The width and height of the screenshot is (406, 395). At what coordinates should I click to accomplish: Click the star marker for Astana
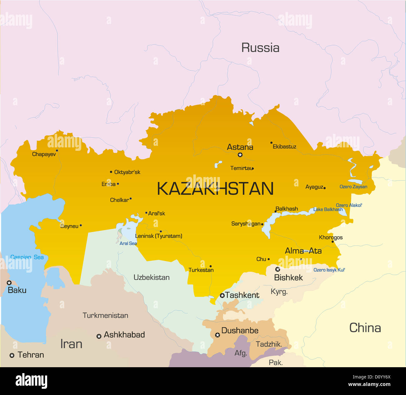(240, 155)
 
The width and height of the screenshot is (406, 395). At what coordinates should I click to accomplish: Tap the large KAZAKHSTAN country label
(215, 189)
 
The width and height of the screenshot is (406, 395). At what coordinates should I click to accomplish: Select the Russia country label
(260, 48)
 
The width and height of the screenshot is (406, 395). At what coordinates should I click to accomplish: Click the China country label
(365, 328)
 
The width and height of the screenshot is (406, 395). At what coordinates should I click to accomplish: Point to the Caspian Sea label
(27, 257)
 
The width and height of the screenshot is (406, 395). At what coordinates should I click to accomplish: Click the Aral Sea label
(128, 243)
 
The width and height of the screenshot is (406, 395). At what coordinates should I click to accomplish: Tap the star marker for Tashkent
(222, 295)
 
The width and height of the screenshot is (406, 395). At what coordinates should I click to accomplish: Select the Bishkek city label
(288, 278)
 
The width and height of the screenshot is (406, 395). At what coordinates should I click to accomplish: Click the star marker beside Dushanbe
(217, 335)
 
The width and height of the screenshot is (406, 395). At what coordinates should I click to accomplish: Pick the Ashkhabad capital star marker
(99, 336)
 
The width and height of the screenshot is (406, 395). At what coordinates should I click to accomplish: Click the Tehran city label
(31, 355)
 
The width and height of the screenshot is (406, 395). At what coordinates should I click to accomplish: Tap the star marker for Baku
(9, 283)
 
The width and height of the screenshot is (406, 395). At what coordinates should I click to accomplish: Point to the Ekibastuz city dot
(271, 143)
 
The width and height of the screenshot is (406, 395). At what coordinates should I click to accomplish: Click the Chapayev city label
(44, 154)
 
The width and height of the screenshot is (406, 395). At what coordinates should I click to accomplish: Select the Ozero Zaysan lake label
(353, 187)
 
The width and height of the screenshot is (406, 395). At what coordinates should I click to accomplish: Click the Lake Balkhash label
(328, 210)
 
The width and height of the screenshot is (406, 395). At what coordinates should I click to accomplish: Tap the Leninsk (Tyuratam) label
(159, 236)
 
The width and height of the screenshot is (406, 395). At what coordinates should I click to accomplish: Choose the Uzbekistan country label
(151, 277)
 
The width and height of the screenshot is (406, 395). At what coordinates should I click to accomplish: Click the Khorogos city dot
(332, 241)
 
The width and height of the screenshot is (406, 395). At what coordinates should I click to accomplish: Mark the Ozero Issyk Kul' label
(329, 270)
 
